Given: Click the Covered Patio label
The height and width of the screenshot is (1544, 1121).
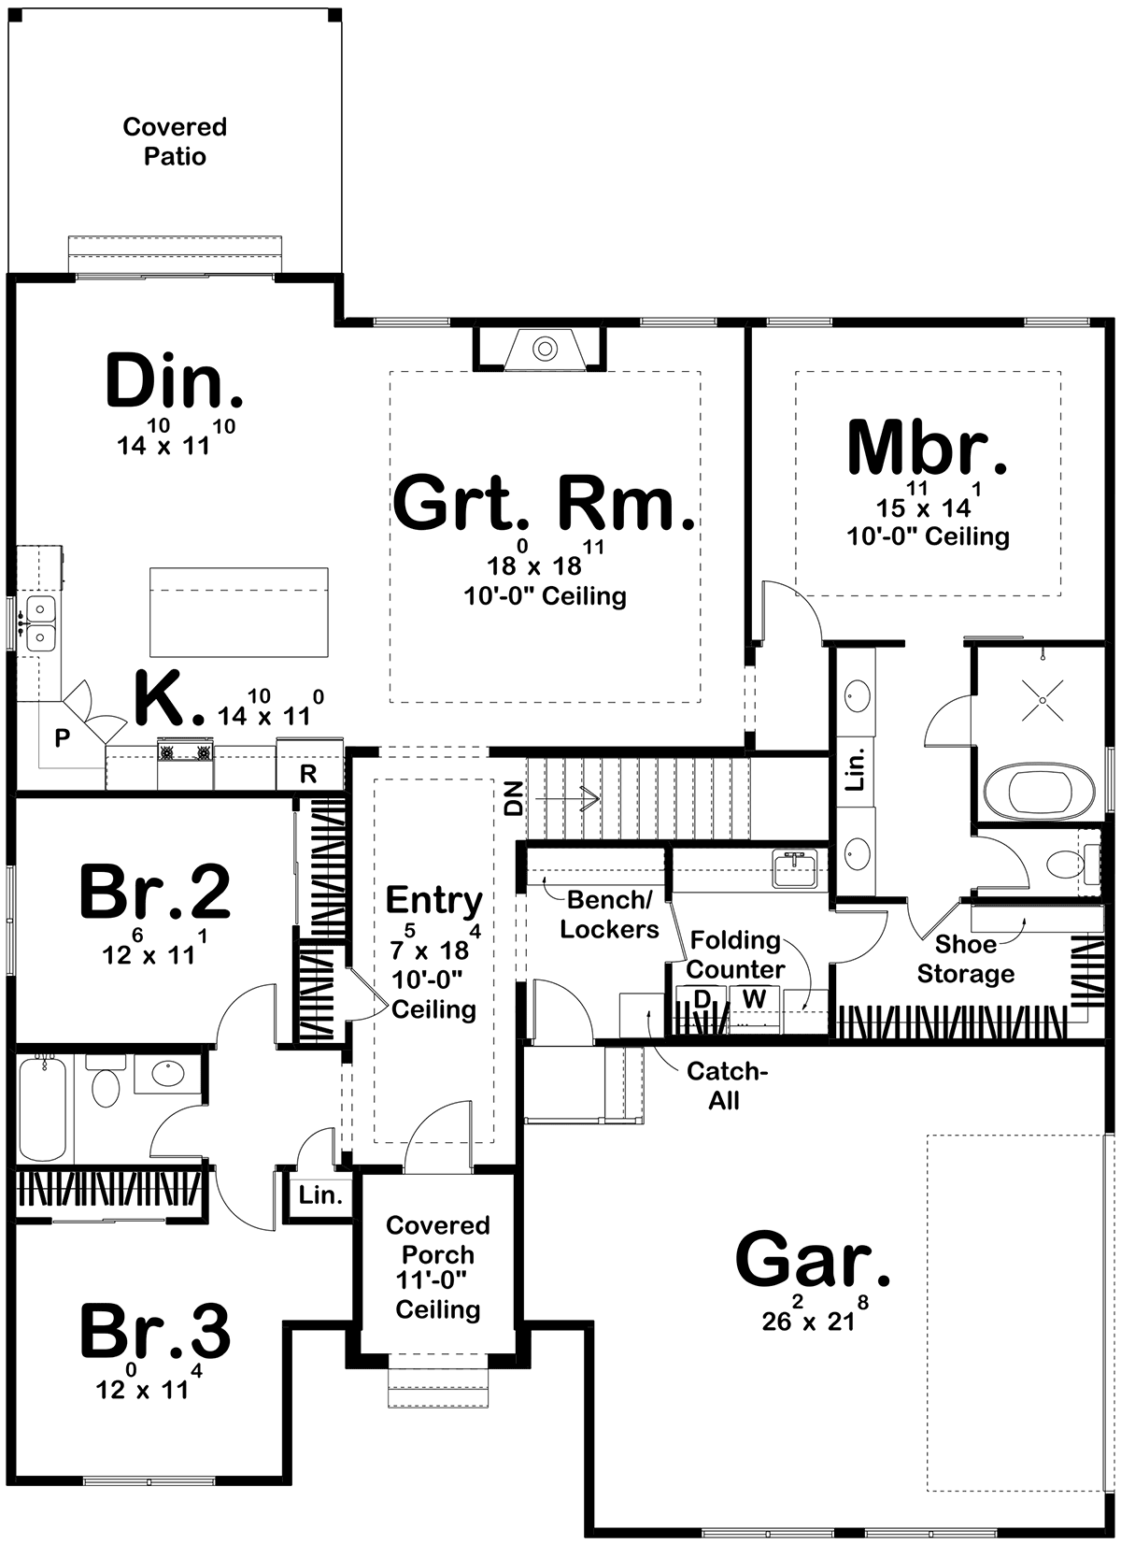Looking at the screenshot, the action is [175, 141].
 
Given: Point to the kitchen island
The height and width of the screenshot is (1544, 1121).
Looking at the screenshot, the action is [239, 612].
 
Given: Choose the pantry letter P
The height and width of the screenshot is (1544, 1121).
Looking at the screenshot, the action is [62, 738].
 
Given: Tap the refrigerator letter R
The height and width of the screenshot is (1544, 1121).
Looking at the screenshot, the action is [308, 774].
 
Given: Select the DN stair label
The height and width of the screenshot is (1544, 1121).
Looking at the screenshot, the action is [515, 799].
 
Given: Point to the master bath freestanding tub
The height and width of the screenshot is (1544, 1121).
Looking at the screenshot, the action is [1030, 794].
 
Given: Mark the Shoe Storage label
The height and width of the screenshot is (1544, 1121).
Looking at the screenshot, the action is [966, 959].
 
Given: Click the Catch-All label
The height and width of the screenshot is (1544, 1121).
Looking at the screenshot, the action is [727, 1086].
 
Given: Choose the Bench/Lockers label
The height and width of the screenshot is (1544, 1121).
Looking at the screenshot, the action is [610, 915].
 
